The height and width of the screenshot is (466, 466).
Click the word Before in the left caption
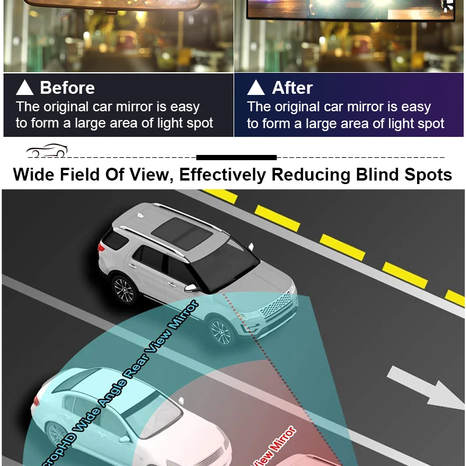(x=67, y=88)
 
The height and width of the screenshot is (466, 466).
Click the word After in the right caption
(x=292, y=88)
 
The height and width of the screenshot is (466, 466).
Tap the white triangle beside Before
(x=25, y=88)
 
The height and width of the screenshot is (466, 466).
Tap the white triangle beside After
(x=256, y=88)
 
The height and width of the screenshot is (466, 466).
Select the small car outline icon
(x=47, y=151)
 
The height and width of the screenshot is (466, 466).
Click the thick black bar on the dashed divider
(x=236, y=157)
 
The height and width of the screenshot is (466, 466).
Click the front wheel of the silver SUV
(x=221, y=332)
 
